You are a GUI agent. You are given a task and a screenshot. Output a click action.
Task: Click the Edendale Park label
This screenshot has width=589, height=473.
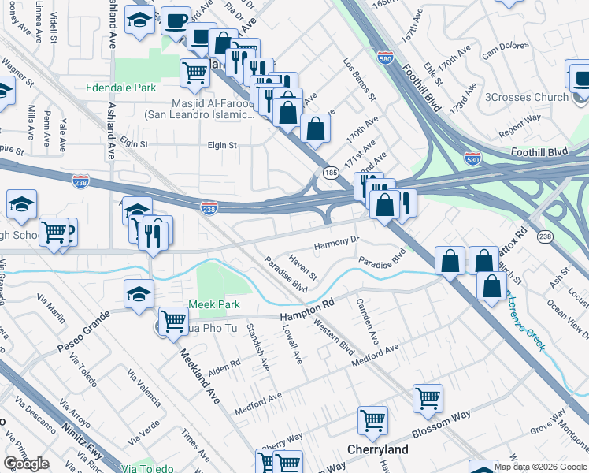pyautogui.click(x=122, y=88)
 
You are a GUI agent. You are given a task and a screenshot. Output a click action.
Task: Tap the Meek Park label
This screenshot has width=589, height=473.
pyautogui.click(x=213, y=305)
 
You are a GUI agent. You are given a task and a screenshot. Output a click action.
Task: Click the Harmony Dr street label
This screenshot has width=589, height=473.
pyautogui.click(x=337, y=243)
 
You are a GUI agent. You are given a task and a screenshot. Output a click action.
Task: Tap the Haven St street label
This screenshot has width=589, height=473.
pyautogui.click(x=302, y=267)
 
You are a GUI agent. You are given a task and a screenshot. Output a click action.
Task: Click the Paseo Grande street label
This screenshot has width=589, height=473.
pyautogui.click(x=81, y=341)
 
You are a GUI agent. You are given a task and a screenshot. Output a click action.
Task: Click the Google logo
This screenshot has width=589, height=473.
pyautogui.click(x=26, y=464)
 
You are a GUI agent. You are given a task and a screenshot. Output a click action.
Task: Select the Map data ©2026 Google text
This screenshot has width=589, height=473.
pyautogui.click(x=540, y=467)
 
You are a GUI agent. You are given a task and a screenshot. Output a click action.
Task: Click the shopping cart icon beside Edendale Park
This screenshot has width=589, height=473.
pyautogui.click(x=194, y=73)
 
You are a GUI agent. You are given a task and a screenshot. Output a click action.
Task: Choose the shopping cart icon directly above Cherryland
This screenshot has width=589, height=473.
pyautogui.click(x=372, y=420)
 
